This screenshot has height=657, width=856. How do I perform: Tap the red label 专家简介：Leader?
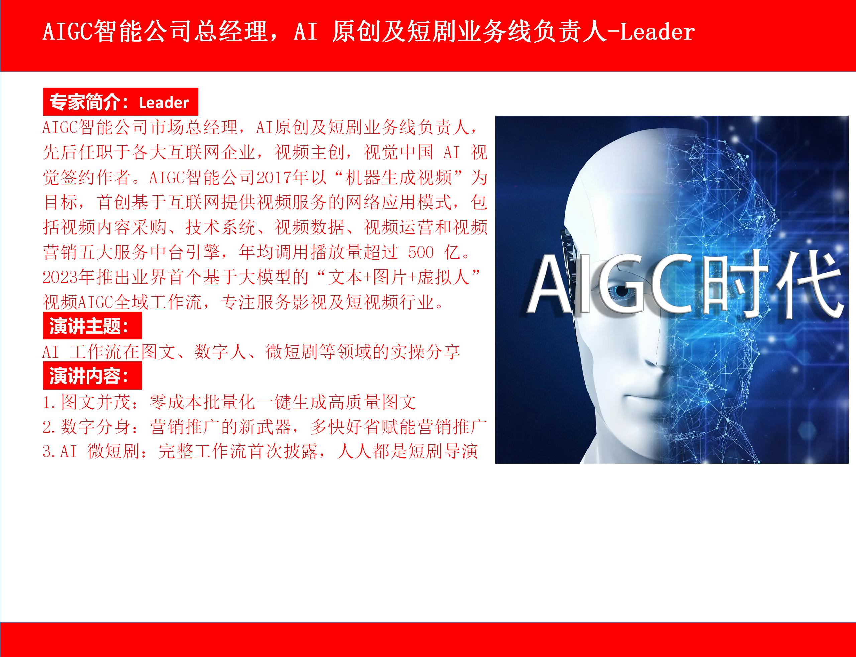click(x=120, y=102)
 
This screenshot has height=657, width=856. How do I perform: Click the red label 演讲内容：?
click(x=92, y=376)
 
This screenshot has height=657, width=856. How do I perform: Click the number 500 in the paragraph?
click(x=421, y=252)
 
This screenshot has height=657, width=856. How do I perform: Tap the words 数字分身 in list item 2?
click(x=95, y=427)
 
